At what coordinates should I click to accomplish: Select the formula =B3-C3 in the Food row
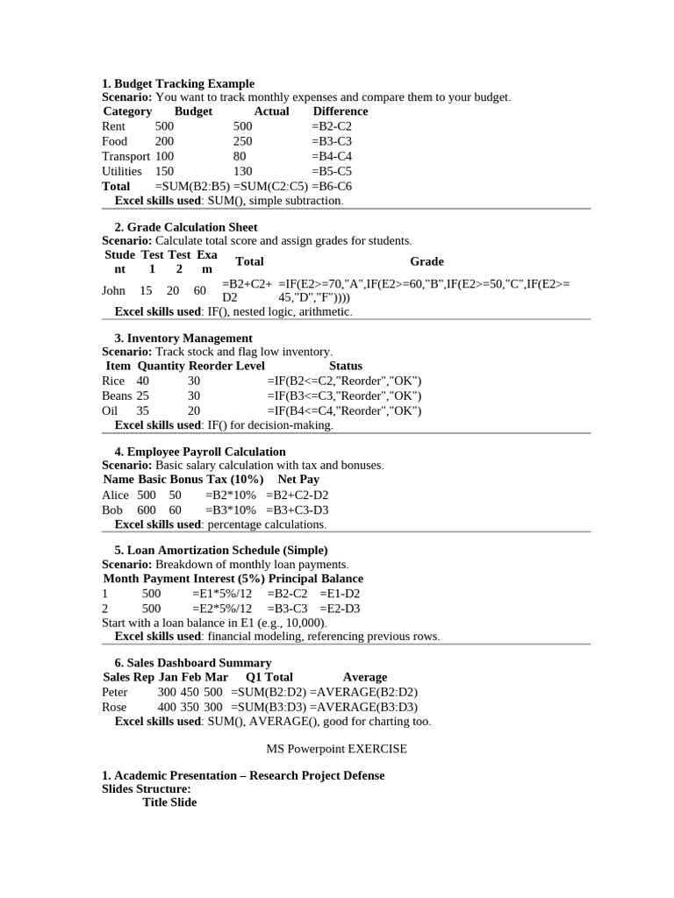tap(331, 141)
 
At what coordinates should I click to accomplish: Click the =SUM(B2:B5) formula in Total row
tap(192, 186)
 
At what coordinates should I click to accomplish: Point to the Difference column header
tap(341, 111)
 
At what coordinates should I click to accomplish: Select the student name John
tap(114, 290)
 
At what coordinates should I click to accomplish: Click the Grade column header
tap(427, 261)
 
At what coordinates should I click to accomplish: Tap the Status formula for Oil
tap(344, 410)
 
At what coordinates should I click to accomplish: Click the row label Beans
tap(117, 396)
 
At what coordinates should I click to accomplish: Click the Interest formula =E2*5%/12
tap(221, 608)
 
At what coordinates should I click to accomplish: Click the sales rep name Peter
tap(115, 692)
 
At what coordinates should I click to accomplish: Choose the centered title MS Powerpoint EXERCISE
tap(337, 749)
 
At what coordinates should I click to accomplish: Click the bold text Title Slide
tap(169, 802)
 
